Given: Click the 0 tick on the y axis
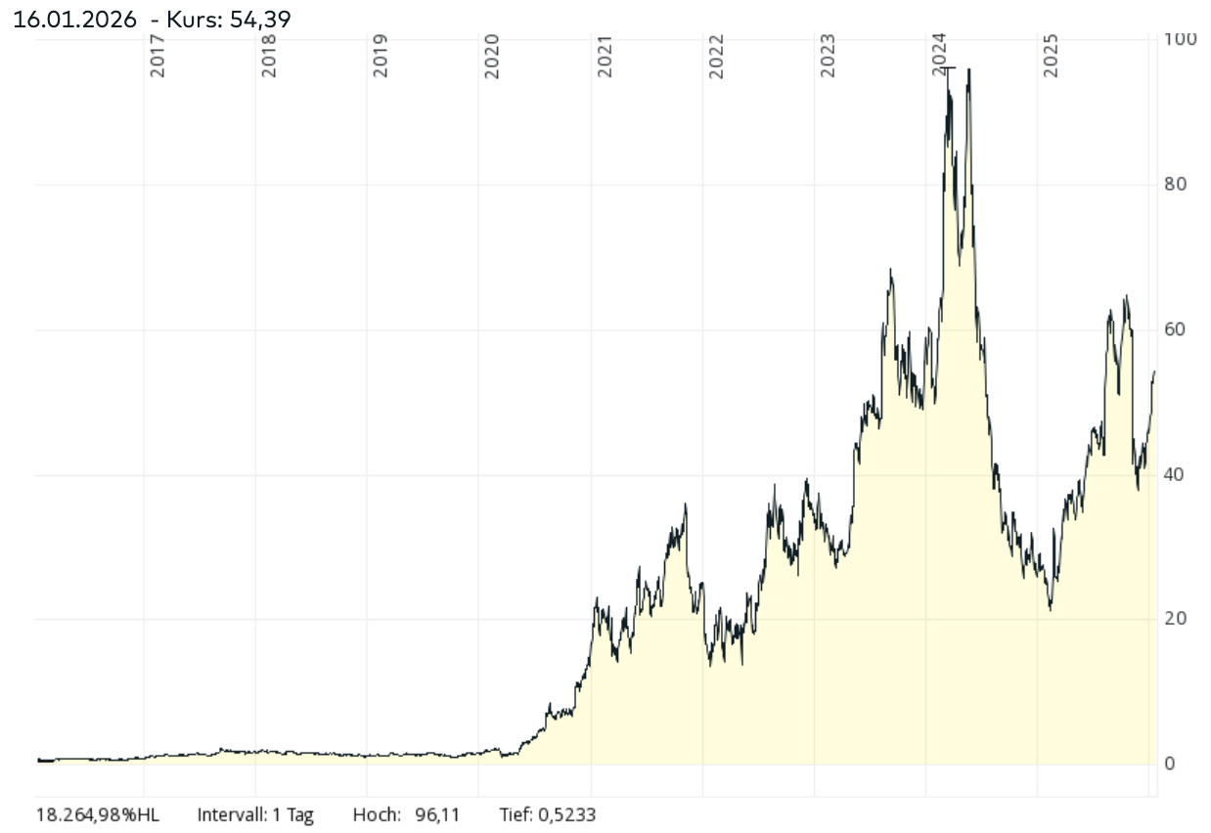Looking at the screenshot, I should tap(1170, 764).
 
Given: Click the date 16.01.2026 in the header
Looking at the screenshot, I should tap(74, 19).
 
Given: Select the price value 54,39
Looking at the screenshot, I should tap(260, 19).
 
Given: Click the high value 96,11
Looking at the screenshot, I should tap(437, 814).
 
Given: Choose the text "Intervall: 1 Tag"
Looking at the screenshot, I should tap(256, 814).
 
